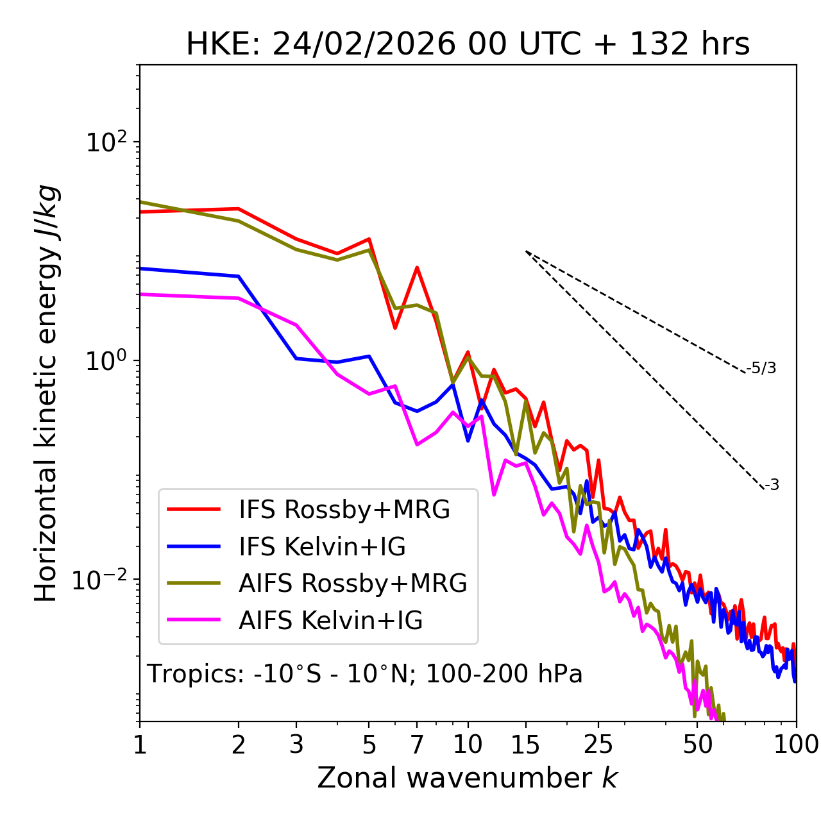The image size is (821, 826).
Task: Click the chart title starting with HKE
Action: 468,45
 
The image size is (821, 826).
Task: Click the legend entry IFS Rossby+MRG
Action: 344,510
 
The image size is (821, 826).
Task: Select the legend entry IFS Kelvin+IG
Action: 322,547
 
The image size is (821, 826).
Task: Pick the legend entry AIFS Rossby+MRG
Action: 353,584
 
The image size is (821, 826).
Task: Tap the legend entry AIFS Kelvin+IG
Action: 330,621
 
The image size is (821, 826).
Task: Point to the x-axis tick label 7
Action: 417,744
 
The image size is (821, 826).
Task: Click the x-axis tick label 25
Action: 598,744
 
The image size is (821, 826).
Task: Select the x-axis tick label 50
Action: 698,744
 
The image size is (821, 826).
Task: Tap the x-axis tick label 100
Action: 796,744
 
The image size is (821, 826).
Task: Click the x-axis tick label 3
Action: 297,744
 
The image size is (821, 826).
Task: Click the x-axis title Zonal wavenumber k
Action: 467,778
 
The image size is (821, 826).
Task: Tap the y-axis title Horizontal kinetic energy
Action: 46,393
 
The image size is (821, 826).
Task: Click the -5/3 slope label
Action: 761,368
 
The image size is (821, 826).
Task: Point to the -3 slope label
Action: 772,485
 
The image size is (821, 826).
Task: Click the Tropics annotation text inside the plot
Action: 364,674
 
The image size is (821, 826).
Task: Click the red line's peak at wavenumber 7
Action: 417,267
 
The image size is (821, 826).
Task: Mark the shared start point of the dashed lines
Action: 526,251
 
